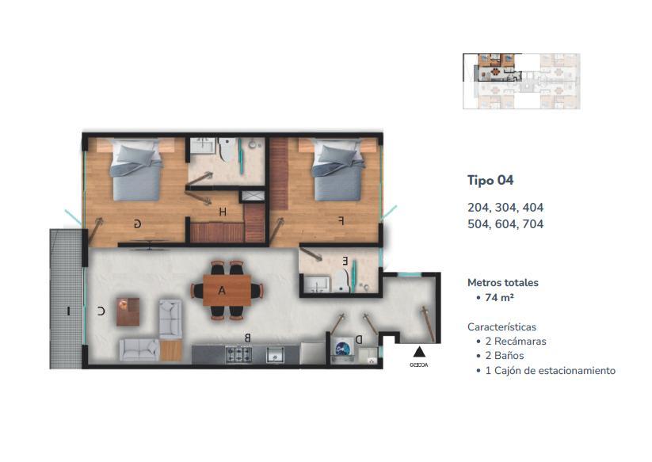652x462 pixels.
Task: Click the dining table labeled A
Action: click(227, 290)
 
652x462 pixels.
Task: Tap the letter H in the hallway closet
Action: click(223, 212)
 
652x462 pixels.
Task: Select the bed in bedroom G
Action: click(135, 170)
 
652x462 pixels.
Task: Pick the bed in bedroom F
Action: click(338, 170)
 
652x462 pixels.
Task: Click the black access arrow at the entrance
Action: click(419, 352)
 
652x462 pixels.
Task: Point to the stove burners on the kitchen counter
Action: click(238, 354)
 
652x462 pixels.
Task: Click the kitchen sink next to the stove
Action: click(275, 355)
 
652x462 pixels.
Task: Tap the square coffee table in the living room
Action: click(128, 311)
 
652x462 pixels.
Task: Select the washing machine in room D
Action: click(344, 349)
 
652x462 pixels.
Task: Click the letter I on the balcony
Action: click(69, 311)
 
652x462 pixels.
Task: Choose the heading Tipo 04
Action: click(490, 180)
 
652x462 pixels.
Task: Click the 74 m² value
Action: click(499, 297)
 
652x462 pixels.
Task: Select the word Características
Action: click(502, 326)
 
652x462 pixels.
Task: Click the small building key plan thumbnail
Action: click(521, 82)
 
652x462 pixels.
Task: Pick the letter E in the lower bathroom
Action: click(345, 262)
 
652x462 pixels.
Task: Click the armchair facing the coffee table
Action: click(170, 319)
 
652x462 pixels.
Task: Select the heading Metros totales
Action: click(503, 283)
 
